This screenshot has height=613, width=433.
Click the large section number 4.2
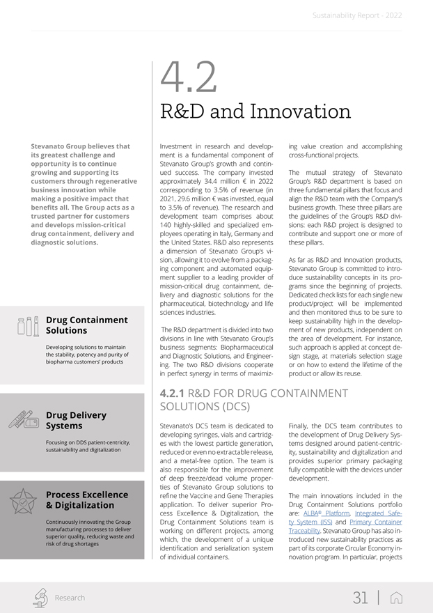click(188, 78)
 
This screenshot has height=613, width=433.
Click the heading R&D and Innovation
click(255, 111)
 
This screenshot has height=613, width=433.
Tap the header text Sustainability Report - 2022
click(356, 15)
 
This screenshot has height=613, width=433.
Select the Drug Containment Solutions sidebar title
click(86, 325)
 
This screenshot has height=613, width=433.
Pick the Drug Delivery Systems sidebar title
click(76, 420)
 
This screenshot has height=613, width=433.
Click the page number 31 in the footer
click(360, 598)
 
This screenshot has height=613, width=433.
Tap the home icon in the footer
click(396, 598)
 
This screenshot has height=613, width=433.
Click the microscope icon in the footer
click(41, 598)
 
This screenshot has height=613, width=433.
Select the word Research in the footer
click(70, 598)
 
